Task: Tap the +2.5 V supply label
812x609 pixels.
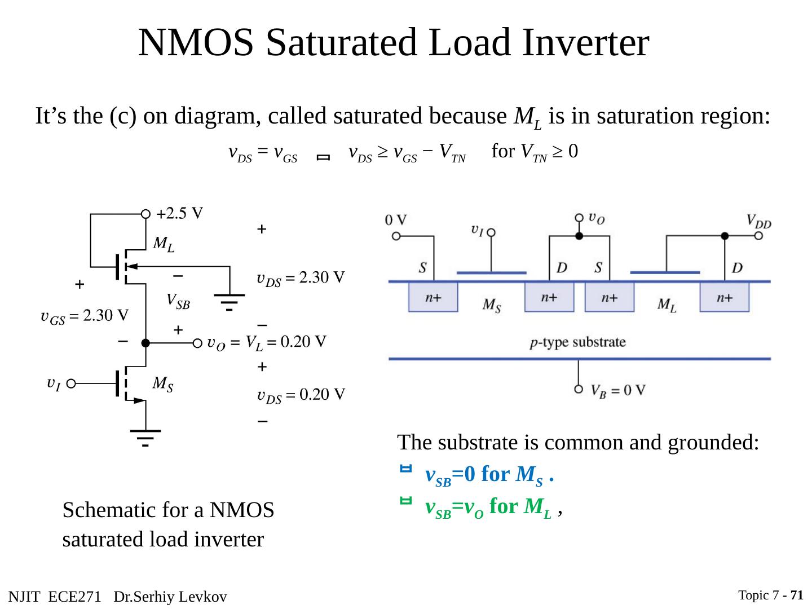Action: pyautogui.click(x=180, y=214)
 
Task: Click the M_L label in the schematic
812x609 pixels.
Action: pyautogui.click(x=164, y=244)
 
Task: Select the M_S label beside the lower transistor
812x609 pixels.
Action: pyautogui.click(x=163, y=385)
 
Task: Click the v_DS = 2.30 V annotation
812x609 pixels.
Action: pyautogui.click(x=300, y=278)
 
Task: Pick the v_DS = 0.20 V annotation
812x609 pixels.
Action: pyautogui.click(x=300, y=395)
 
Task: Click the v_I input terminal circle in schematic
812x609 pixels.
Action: pyautogui.click(x=70, y=385)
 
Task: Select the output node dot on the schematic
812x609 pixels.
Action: pyautogui.click(x=145, y=343)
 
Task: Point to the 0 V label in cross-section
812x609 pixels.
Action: pyautogui.click(x=396, y=220)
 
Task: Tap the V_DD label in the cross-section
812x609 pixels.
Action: pyautogui.click(x=758, y=220)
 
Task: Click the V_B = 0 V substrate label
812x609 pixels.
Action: pyautogui.click(x=618, y=390)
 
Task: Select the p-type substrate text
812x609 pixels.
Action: pyautogui.click(x=578, y=342)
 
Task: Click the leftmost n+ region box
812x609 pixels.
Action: pyautogui.click(x=433, y=297)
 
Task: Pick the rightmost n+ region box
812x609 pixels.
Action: pyautogui.click(x=725, y=297)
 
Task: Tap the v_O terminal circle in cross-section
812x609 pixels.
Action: pyautogui.click(x=579, y=218)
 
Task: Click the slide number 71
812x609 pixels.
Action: pyautogui.click(x=797, y=595)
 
